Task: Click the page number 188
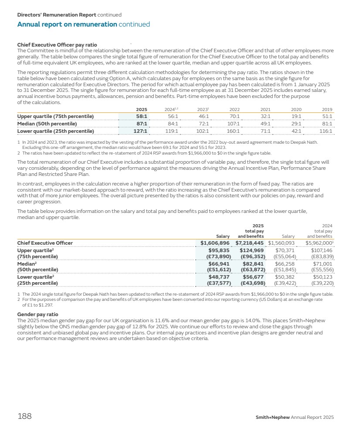pos(24,416)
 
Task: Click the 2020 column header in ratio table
pos(296,109)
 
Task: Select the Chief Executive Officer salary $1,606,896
pos(215,243)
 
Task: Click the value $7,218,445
pos(250,243)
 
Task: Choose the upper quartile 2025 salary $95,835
pos(219,251)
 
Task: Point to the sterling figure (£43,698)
pos(252,283)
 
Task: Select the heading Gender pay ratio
pos(37,314)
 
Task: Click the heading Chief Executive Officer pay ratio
pos(57,44)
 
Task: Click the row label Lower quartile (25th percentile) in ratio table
pos(55,131)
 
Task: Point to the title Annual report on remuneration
pos(67,24)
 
